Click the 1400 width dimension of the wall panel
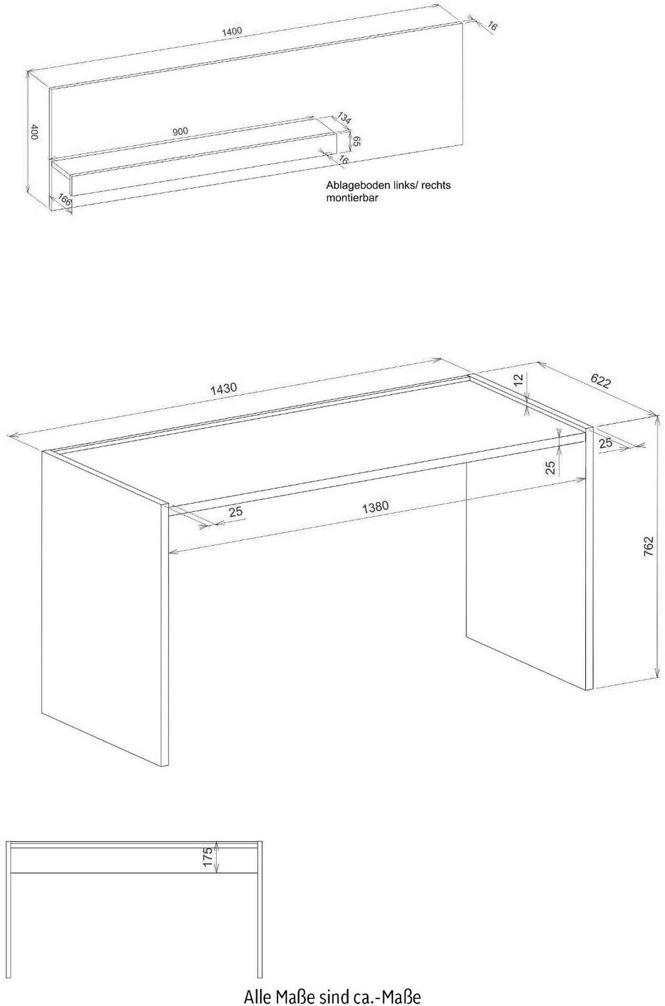click(x=232, y=31)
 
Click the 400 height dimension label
click(x=34, y=133)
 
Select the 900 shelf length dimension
click(x=180, y=131)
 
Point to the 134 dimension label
click(x=345, y=118)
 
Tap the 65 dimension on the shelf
click(x=357, y=141)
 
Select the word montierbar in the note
click(x=352, y=197)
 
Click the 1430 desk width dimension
click(x=223, y=389)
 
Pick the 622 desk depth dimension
click(x=601, y=381)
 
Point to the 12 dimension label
click(x=518, y=380)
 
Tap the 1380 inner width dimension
click(x=375, y=507)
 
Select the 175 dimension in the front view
click(x=208, y=857)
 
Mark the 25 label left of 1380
click(x=236, y=511)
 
